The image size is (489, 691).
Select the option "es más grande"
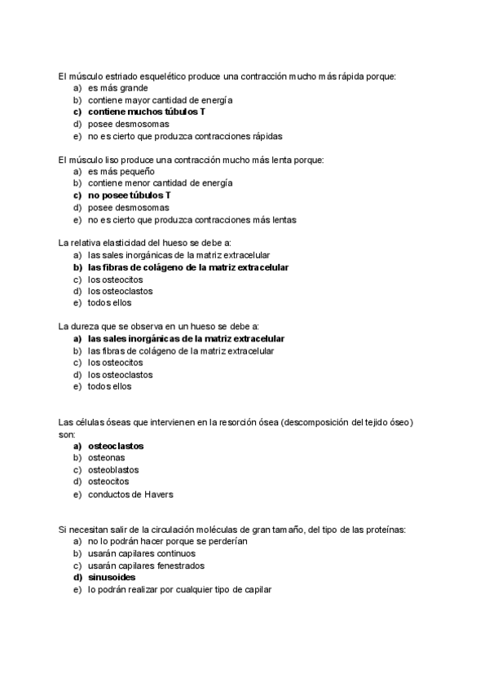coord(118,88)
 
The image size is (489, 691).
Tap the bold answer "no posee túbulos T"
coord(130,196)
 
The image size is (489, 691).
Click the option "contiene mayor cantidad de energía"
coord(149,100)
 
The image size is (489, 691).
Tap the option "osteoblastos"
coord(113,470)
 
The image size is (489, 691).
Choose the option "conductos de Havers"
coord(130,494)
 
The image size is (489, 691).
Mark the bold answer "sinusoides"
coord(112,578)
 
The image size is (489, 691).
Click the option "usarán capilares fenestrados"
coord(147,566)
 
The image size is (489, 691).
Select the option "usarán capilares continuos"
coord(142,553)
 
